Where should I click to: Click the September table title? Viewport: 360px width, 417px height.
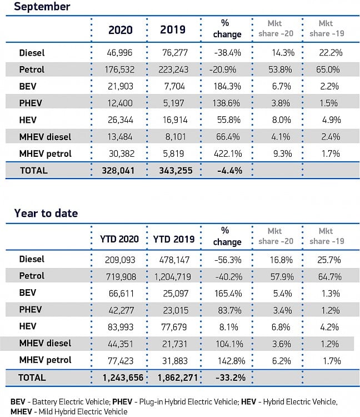point(42,6)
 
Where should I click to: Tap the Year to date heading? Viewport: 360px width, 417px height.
point(46,214)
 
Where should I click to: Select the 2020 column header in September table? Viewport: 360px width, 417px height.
point(121,30)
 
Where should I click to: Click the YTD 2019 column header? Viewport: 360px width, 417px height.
point(174,239)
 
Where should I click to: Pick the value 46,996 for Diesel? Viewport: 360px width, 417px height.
point(119,53)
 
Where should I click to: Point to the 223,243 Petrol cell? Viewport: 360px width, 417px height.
point(173,69)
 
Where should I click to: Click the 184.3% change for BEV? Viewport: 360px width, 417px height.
point(227,86)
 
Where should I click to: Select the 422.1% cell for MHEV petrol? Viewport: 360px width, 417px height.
point(228,153)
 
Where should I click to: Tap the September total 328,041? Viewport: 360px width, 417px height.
point(118,171)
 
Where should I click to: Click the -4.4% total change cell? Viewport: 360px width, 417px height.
point(229,171)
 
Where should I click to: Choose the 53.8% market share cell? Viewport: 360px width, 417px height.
point(280,69)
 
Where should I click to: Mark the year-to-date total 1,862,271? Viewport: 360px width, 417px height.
point(178,378)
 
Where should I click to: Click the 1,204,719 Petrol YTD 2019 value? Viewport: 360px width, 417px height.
point(173,277)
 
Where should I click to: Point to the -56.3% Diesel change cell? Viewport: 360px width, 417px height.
point(228,260)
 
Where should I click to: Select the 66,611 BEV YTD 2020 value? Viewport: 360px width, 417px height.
point(121,294)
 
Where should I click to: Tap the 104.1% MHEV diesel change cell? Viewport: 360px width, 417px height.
point(229,344)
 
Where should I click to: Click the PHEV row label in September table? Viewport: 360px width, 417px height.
point(31,103)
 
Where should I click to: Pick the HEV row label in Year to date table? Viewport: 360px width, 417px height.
point(28,326)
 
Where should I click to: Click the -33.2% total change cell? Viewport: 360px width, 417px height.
point(231,378)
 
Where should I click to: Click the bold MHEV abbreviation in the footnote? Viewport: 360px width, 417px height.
point(21,411)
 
